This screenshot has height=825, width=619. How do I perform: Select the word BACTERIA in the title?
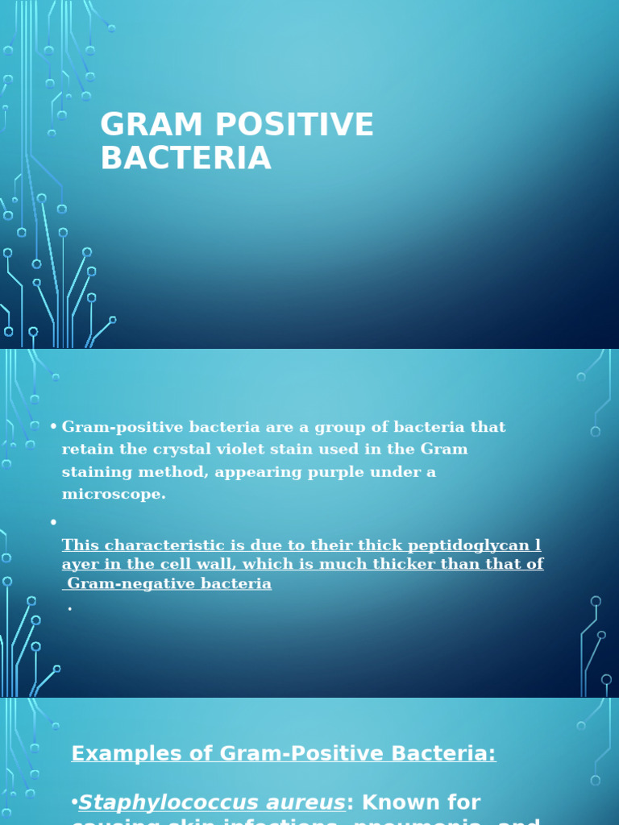point(185,158)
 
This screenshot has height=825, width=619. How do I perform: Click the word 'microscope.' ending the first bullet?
point(114,494)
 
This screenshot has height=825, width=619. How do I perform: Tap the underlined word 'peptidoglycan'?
point(471,545)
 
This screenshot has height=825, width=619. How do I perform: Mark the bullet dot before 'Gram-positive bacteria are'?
point(53,426)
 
